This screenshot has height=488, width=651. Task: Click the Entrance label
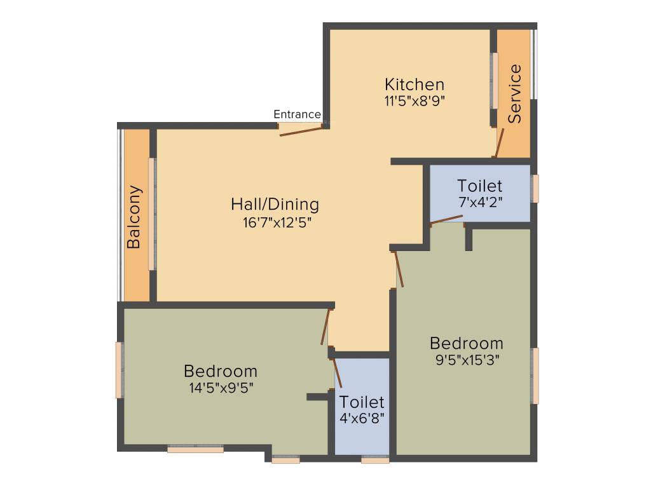click(x=297, y=114)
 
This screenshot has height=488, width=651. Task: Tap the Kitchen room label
click(x=415, y=84)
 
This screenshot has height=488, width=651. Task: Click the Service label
click(x=514, y=93)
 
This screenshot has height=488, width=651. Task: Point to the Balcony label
click(x=134, y=217)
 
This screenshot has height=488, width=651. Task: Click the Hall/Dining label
click(x=275, y=205)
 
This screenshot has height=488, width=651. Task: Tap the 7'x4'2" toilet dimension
click(x=480, y=203)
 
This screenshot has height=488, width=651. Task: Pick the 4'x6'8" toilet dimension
click(x=361, y=419)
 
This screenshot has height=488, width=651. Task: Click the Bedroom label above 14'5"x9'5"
click(x=221, y=370)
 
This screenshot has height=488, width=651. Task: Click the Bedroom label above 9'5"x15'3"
click(x=467, y=343)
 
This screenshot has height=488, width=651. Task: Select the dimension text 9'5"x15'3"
click(x=466, y=360)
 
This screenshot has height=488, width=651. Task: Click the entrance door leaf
click(x=301, y=131)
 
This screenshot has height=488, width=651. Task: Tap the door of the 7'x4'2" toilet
click(x=446, y=219)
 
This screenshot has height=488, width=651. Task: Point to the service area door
click(x=500, y=143)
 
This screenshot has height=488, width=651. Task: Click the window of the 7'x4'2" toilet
click(x=535, y=189)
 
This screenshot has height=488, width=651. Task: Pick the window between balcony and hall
click(x=152, y=214)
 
